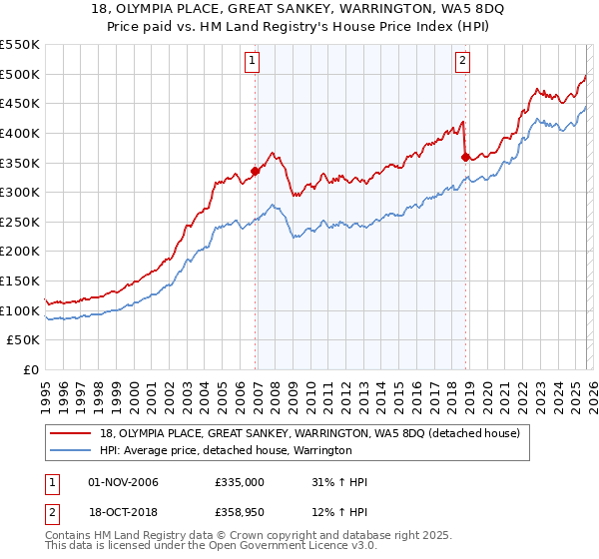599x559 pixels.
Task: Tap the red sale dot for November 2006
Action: pyautogui.click(x=255, y=171)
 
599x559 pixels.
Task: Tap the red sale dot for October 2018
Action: pyautogui.click(x=465, y=156)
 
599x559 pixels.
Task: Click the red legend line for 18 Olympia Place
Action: pyautogui.click(x=73, y=434)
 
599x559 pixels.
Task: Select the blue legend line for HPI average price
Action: pyautogui.click(x=73, y=451)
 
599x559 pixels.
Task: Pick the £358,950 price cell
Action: pyautogui.click(x=240, y=513)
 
